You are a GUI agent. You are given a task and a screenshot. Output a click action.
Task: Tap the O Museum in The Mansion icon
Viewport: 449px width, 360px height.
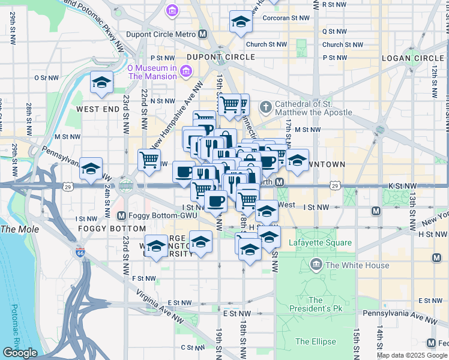coord(185,72)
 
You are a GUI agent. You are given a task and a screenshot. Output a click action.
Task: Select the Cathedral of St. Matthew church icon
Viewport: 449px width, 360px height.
coord(266,107)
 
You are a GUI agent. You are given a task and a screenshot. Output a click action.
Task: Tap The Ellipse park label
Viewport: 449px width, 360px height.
coord(315,342)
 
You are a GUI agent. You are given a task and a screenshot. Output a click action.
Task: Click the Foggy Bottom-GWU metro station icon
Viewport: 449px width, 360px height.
coord(122,215)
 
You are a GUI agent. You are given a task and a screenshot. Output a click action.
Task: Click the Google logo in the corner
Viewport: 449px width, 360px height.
coord(20,353)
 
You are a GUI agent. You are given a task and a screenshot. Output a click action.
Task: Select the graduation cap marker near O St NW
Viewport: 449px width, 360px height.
coord(101,82)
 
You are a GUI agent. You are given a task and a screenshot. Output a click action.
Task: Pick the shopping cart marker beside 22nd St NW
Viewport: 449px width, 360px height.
coord(149,160)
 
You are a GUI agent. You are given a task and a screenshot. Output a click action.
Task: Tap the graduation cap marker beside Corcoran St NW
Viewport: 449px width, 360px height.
coord(241,22)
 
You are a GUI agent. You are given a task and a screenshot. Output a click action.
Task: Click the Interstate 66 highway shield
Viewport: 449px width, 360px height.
coord(80,254)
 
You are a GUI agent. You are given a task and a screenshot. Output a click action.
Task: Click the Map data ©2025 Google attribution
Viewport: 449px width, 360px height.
coord(412,355)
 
